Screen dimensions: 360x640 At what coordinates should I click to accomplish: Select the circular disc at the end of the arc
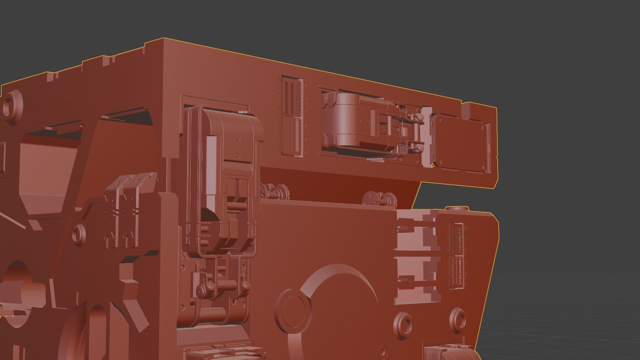[x=293, y=307]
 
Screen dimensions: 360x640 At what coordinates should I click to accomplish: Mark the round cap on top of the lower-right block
[x=457, y=209]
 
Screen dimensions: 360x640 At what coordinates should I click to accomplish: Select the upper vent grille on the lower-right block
[x=455, y=237]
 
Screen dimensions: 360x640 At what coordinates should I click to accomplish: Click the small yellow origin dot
[x=210, y=311]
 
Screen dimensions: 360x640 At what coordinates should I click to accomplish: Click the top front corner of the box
[x=164, y=39]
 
